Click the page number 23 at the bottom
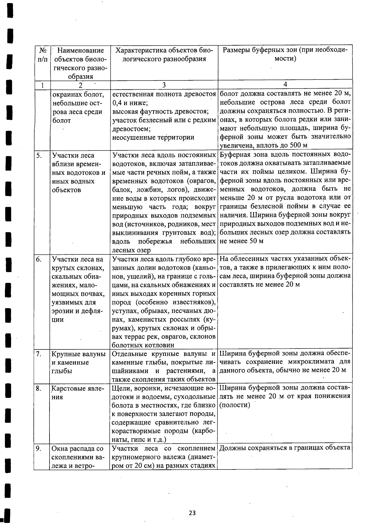click(192, 513)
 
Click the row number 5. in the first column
click(39, 155)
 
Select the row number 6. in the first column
click(39, 260)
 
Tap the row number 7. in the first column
click(39, 354)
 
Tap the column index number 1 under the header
click(42, 85)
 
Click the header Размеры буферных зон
click(285, 54)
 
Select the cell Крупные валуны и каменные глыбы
click(79, 363)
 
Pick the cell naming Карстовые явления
click(79, 393)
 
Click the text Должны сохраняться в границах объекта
click(285, 448)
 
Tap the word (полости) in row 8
click(235, 405)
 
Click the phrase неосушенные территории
click(153, 137)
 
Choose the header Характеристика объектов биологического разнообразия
click(164, 54)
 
